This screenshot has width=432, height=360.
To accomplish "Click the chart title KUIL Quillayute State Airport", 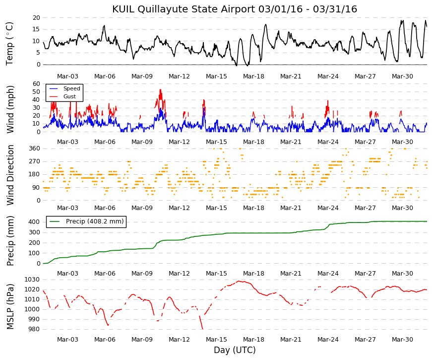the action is click(184, 9).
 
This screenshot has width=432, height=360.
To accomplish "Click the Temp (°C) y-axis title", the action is click(9, 44).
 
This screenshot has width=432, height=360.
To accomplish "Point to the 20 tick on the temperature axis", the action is click(37, 18).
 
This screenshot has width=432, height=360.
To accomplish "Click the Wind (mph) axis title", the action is click(10, 109).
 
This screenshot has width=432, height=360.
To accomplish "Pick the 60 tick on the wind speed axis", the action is click(37, 84).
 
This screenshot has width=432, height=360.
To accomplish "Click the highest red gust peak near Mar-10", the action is click(160, 90).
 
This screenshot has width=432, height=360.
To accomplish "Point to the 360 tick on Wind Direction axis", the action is click(35, 148).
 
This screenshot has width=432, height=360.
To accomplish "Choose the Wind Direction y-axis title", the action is click(10, 175).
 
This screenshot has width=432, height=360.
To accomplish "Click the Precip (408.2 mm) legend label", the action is click(95, 221).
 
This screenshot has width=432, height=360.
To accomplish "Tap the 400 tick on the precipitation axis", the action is click(35, 222).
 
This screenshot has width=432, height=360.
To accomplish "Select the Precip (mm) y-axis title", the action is click(10, 241).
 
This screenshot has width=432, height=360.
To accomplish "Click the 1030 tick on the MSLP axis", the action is click(32, 280).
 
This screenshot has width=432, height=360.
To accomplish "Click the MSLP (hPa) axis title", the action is click(10, 306).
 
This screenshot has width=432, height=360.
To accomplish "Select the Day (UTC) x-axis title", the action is click(235, 350).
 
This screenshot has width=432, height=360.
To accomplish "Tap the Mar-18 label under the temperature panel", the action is click(253, 76).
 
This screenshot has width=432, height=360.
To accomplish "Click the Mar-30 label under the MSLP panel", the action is click(402, 340).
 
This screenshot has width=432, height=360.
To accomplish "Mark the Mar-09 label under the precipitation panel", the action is click(142, 274).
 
